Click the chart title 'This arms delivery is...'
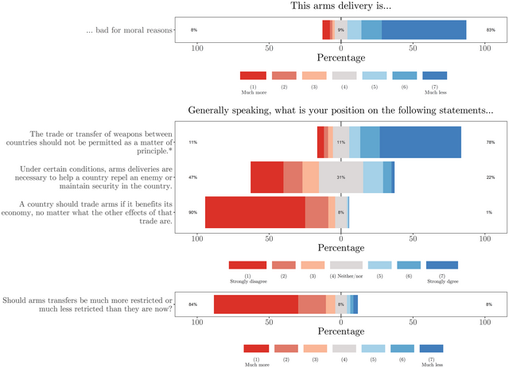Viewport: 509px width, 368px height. pyautogui.click(x=341, y=6)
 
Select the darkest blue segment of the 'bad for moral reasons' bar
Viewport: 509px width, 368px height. pyautogui.click(x=424, y=30)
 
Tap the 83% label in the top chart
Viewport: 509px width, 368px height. pyautogui.click(x=491, y=30)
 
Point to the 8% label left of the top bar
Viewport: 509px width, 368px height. pyautogui.click(x=193, y=30)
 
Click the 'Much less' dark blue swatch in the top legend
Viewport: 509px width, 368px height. pyautogui.click(x=434, y=76)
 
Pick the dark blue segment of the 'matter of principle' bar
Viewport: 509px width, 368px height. pyautogui.click(x=420, y=142)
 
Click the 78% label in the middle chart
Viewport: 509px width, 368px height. pyautogui.click(x=491, y=142)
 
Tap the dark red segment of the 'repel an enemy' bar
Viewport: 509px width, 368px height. pyautogui.click(x=266, y=177)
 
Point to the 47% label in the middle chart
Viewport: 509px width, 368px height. pyautogui.click(x=193, y=177)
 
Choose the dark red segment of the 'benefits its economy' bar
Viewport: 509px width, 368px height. pyautogui.click(x=254, y=212)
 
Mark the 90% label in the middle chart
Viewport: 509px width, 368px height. pyautogui.click(x=193, y=212)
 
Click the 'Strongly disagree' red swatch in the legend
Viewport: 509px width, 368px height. pyautogui.click(x=247, y=265)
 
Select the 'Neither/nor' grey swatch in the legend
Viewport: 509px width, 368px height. pyautogui.click(x=346, y=265)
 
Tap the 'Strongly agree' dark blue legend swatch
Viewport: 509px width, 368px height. pyautogui.click(x=442, y=265)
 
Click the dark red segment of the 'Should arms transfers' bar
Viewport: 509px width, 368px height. pyautogui.click(x=255, y=304)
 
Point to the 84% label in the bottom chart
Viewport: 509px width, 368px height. pyautogui.click(x=193, y=304)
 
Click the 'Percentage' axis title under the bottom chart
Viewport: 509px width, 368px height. pyautogui.click(x=341, y=331)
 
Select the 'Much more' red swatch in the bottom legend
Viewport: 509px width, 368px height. pyautogui.click(x=256, y=348)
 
